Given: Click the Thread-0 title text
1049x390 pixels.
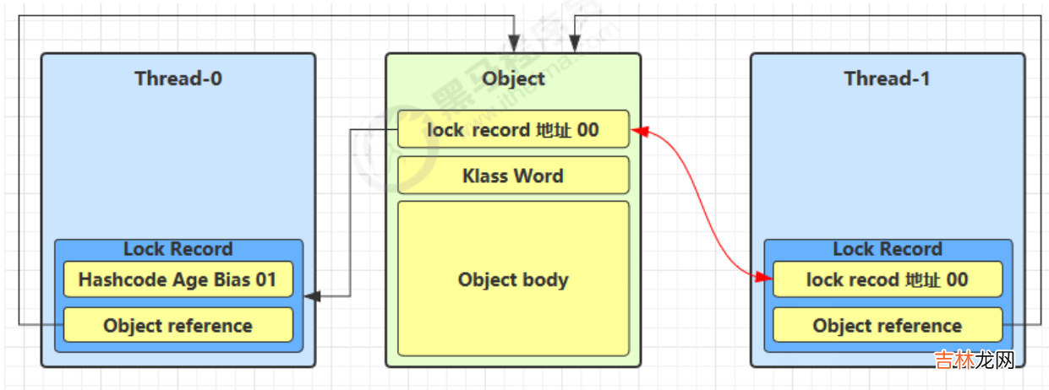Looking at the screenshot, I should click(x=178, y=79).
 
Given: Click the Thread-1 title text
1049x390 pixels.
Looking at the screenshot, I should click(x=887, y=79).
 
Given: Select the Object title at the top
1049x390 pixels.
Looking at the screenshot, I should click(x=513, y=79).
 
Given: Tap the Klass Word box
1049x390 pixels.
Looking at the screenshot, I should click(x=513, y=176).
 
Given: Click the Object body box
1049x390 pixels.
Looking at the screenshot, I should click(x=513, y=279).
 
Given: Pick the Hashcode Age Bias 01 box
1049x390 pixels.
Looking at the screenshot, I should click(x=178, y=279).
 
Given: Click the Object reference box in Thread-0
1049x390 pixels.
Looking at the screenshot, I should click(x=178, y=325).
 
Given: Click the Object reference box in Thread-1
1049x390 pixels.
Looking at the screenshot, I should click(x=887, y=325).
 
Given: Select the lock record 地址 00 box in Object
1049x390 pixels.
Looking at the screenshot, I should click(x=513, y=129).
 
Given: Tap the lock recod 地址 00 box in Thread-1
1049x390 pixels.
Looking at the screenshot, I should click(x=887, y=279).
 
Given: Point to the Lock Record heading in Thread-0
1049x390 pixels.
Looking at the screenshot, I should click(x=178, y=249).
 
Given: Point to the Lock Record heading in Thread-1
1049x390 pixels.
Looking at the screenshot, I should click(x=887, y=249).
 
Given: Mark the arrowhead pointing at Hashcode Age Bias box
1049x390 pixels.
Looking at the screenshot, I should click(x=312, y=296).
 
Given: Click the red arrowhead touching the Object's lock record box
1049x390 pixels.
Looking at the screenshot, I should click(x=639, y=131).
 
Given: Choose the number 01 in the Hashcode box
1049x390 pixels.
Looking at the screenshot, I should click(x=266, y=279).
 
